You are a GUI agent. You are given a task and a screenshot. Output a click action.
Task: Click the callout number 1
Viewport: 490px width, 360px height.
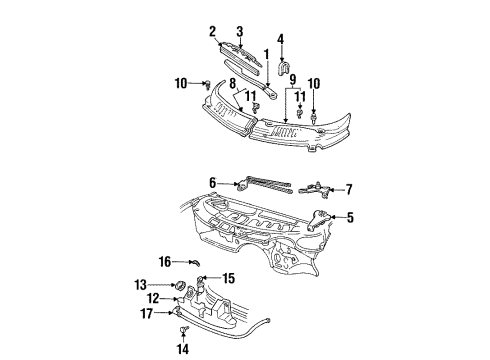click(266, 52)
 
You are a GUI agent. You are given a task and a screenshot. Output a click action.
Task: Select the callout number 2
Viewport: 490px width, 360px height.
click(212, 31)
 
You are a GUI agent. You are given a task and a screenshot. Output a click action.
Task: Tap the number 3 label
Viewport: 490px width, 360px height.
click(239, 31)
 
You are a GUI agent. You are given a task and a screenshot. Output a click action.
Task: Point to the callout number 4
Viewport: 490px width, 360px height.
click(282, 40)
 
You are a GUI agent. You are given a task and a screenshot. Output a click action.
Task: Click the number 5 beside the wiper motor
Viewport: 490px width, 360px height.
click(349, 215)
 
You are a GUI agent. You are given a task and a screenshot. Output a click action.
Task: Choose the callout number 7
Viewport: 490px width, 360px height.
click(349, 189)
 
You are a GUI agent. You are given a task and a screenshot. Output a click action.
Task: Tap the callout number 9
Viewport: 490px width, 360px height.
click(292, 79)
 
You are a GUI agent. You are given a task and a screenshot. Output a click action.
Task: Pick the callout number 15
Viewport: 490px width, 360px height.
click(229, 278)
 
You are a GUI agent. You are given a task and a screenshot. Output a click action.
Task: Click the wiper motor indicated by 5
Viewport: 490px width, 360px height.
click(318, 220)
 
